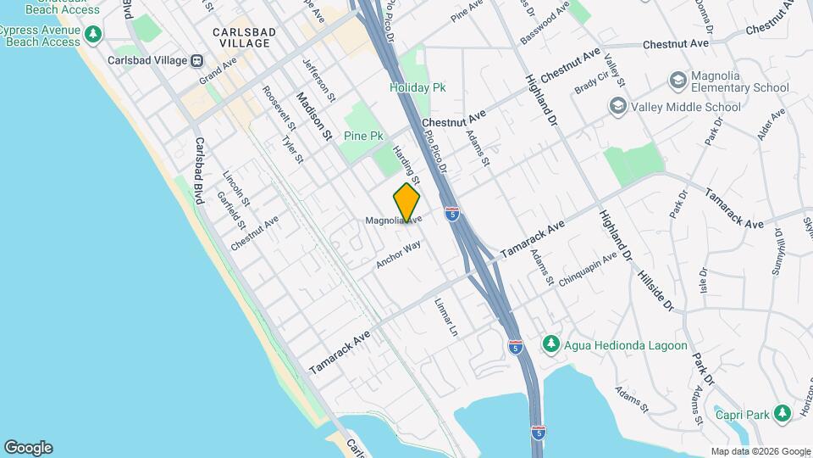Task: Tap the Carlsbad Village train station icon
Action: pos(196,60)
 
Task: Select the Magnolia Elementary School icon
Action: pos(677,81)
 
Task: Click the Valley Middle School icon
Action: pos(618,107)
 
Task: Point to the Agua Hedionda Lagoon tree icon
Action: pos(551,342)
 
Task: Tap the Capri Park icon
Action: pos(783,414)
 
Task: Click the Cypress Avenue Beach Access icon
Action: pos(92,35)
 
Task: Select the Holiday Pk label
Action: pos(418,87)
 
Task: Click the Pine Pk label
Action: pos(363,136)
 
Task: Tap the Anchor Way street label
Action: pos(399,255)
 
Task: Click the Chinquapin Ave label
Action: pos(588,269)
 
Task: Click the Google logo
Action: pos(28,448)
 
